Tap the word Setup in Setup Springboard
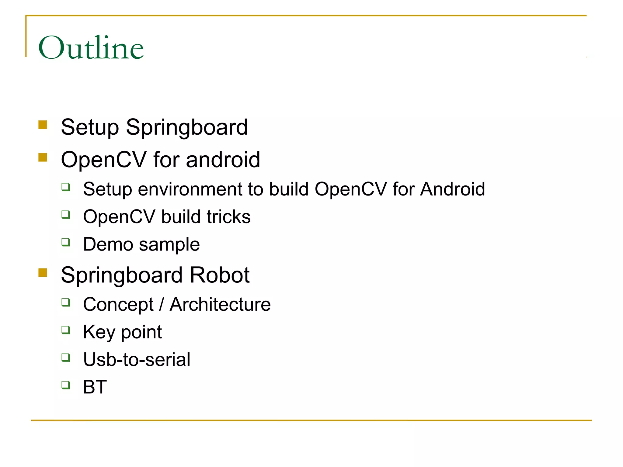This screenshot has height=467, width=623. [x=90, y=127]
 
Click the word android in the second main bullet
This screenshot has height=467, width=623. [x=223, y=160]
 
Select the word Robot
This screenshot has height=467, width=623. [x=219, y=275]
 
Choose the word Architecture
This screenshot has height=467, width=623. [x=220, y=304]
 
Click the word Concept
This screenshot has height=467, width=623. [x=118, y=304]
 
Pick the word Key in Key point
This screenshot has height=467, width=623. [x=99, y=332]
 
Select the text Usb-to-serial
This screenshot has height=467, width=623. [x=137, y=359]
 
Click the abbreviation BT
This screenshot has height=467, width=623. [x=95, y=387]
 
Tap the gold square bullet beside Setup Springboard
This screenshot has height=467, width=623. [x=43, y=125]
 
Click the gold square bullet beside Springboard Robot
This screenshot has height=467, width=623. [x=43, y=272]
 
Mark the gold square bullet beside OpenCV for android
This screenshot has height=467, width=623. [x=43, y=157]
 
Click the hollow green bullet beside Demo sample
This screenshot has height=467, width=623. [x=66, y=242]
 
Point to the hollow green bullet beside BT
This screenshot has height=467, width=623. [x=66, y=385]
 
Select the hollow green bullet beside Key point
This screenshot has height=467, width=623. [x=66, y=330]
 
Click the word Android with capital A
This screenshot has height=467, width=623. [x=452, y=189]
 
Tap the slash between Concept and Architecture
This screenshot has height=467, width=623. [x=162, y=304]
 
